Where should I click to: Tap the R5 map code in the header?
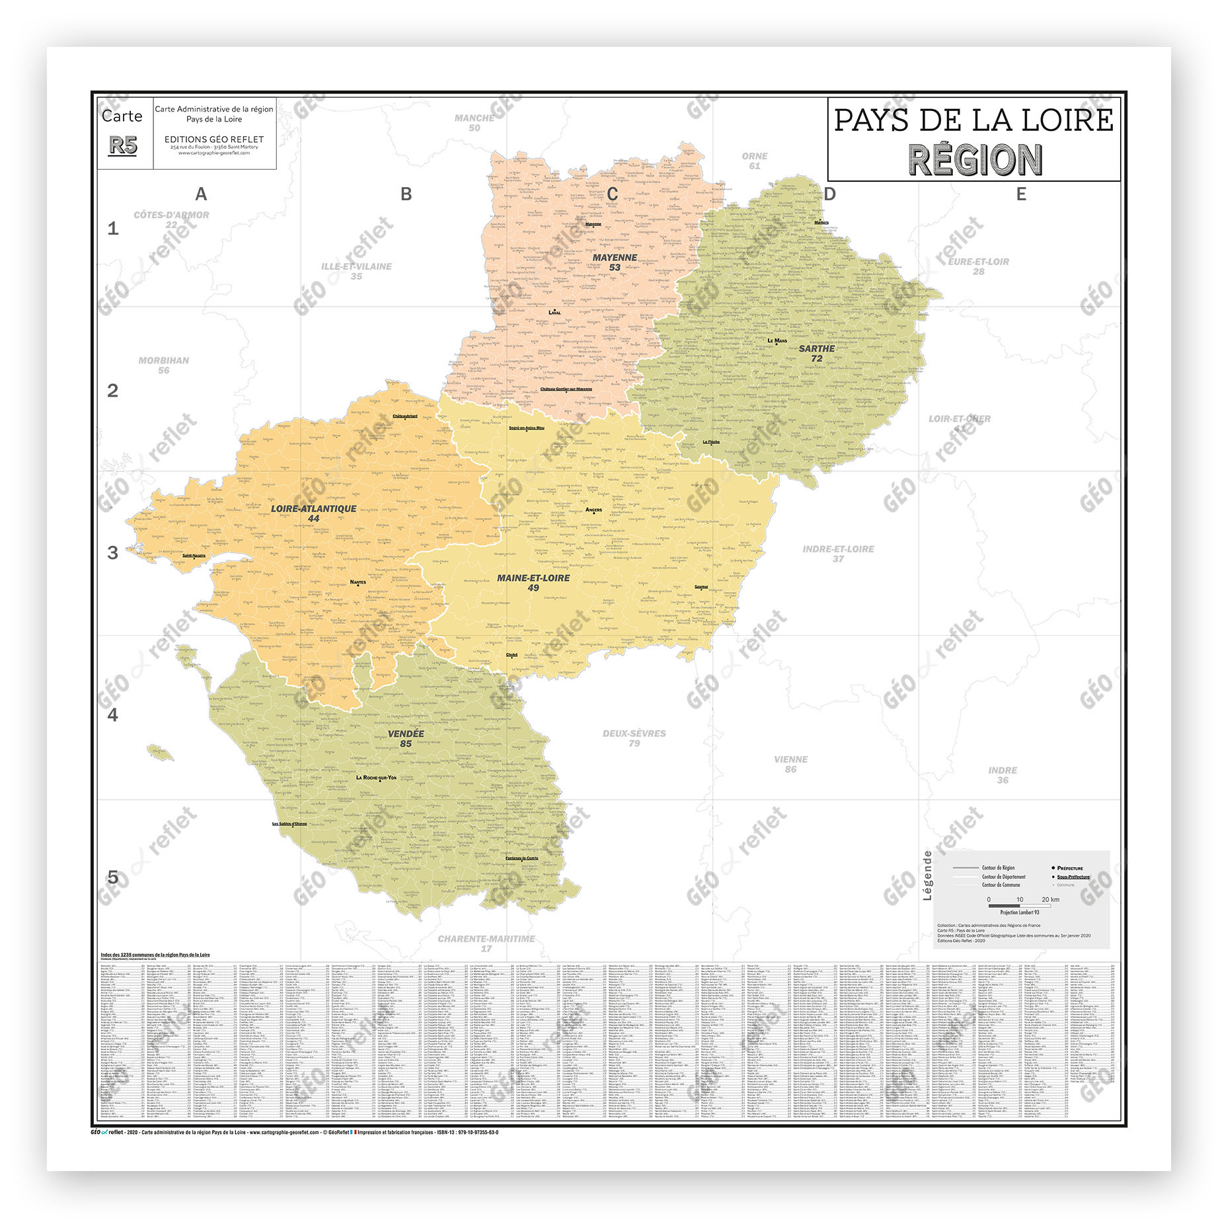coord(123,145)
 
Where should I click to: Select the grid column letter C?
coord(612,194)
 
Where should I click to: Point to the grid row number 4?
coord(113,715)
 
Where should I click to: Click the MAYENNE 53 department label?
coord(615,262)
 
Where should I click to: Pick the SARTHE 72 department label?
coord(817,353)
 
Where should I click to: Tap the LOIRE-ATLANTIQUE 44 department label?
coord(313,514)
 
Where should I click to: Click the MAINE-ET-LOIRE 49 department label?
coord(533,582)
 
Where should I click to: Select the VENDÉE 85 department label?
coord(406,738)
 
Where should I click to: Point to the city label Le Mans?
coord(777,341)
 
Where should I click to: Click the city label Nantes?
coord(358,582)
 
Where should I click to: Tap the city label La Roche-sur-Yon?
coord(376,777)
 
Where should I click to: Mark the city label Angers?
coord(593,510)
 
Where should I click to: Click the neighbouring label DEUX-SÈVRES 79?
coord(634,738)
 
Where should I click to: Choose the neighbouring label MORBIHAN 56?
coord(163,365)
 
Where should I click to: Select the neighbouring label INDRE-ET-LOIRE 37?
coord(838,553)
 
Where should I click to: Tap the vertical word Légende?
coord(927,875)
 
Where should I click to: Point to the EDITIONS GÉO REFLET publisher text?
coord(214,139)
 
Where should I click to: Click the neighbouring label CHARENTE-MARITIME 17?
coord(486,943)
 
